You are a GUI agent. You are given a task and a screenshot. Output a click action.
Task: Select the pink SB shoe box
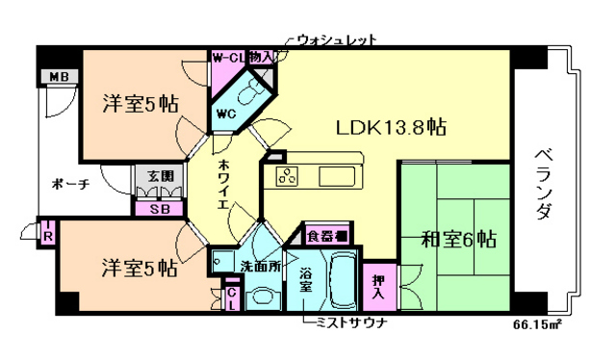pos(155,209)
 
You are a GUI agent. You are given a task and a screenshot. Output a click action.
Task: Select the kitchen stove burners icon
pos(288,175)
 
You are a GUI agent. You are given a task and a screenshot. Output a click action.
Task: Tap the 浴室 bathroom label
pos(305,278)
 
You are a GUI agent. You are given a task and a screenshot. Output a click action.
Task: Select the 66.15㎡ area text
pos(538,324)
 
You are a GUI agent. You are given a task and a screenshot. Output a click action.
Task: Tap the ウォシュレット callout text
pos(334,40)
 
